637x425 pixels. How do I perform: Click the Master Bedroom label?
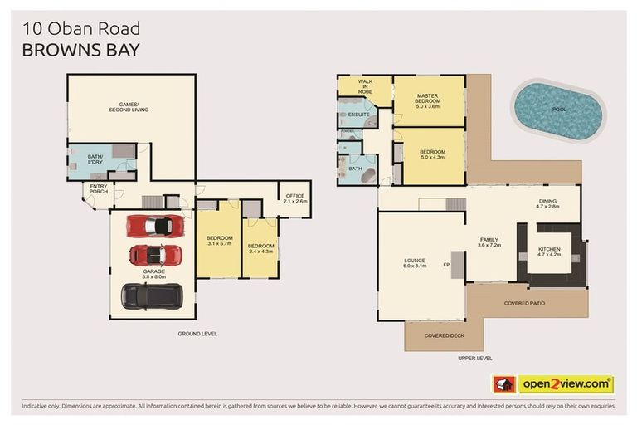[x=428, y=102]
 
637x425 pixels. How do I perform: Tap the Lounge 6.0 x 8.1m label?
[x=415, y=264]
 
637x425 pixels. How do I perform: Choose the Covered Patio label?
[x=524, y=303]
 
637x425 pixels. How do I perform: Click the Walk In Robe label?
[x=364, y=85]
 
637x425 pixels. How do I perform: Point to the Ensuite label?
[x=358, y=115]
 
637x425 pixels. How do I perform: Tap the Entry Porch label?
[x=99, y=190]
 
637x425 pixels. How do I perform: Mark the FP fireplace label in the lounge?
[x=446, y=266]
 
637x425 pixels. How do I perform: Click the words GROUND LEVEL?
[x=197, y=333]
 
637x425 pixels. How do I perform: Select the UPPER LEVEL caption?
[x=474, y=358]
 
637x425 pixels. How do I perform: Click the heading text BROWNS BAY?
[x=80, y=49]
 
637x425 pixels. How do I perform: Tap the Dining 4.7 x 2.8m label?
[x=548, y=203]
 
